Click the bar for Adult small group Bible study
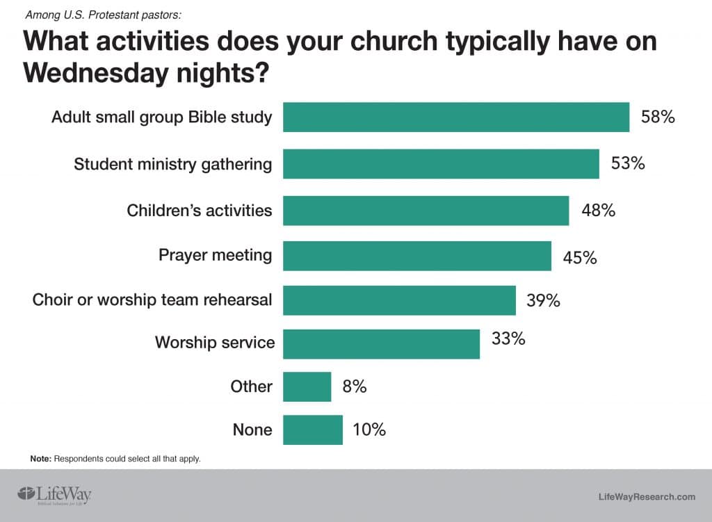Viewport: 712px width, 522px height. point(455,117)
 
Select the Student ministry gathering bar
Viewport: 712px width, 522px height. point(441,164)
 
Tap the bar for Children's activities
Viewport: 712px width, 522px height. point(426,211)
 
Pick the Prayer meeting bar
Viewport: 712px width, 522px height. point(416,256)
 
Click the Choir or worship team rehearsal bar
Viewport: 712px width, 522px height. point(399,300)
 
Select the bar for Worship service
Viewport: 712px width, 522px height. point(381,344)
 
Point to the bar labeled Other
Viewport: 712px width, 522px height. point(307,387)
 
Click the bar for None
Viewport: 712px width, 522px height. point(312,430)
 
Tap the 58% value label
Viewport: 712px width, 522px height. point(658,117)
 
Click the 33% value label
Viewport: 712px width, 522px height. point(508,340)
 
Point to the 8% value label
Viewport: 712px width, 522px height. point(354,386)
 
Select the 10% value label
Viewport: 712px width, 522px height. point(369,430)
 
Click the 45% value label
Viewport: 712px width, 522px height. point(580,258)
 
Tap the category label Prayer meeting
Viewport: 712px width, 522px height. point(215,255)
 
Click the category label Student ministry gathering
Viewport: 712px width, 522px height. point(172,164)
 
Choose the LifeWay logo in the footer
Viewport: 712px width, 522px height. point(54,494)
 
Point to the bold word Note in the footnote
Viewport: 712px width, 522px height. point(40,459)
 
